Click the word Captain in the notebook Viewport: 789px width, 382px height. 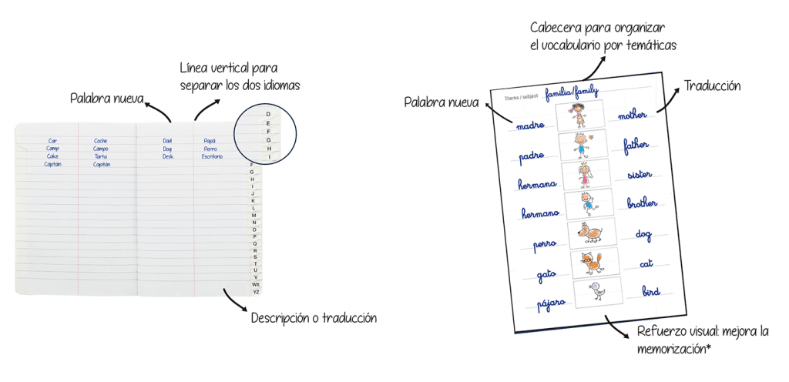[x=52, y=164]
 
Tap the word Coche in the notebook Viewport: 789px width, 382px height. [x=101, y=141]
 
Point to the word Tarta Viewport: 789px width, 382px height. [x=101, y=156]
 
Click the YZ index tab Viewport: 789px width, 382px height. [x=256, y=292]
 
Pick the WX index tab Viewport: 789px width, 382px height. [x=256, y=284]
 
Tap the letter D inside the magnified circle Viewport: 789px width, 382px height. [x=267, y=114]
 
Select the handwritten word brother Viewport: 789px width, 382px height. [x=642, y=204]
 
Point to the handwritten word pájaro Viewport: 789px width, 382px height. [x=552, y=303]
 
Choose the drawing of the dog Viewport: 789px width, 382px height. [x=591, y=233]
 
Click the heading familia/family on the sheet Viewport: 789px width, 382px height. [x=572, y=93]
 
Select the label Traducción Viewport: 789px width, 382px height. [x=712, y=86]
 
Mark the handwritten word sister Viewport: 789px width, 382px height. [x=640, y=174]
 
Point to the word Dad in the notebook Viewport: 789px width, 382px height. [x=167, y=141]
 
